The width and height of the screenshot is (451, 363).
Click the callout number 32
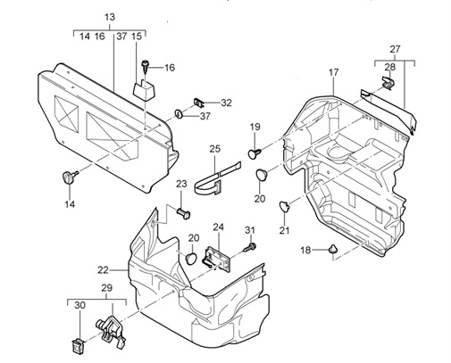pos(226,103)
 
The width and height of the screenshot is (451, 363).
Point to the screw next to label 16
pos(146,67)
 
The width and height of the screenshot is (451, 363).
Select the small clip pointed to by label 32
pos(198,103)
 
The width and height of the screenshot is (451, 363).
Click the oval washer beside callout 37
pos(179,113)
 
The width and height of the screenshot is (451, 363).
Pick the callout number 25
pos(214,148)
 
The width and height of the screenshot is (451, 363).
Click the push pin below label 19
pos(255,153)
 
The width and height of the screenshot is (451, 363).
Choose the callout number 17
pos(334,72)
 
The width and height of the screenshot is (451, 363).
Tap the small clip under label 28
pos(388,83)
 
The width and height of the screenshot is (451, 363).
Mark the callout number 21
pos(284,230)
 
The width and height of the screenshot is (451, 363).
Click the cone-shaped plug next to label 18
pos(332,249)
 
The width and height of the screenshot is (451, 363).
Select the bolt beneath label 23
pos(183,213)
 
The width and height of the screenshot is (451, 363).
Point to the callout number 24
pos(218,227)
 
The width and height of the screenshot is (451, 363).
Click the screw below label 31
pos(250,247)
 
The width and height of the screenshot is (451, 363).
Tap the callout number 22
pos(103,270)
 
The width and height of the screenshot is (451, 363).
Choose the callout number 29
pos(106,288)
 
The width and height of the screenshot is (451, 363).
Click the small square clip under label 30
pos(78,346)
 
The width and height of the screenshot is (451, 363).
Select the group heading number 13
pos(110,17)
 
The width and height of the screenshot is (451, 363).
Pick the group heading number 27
pos(395,49)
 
